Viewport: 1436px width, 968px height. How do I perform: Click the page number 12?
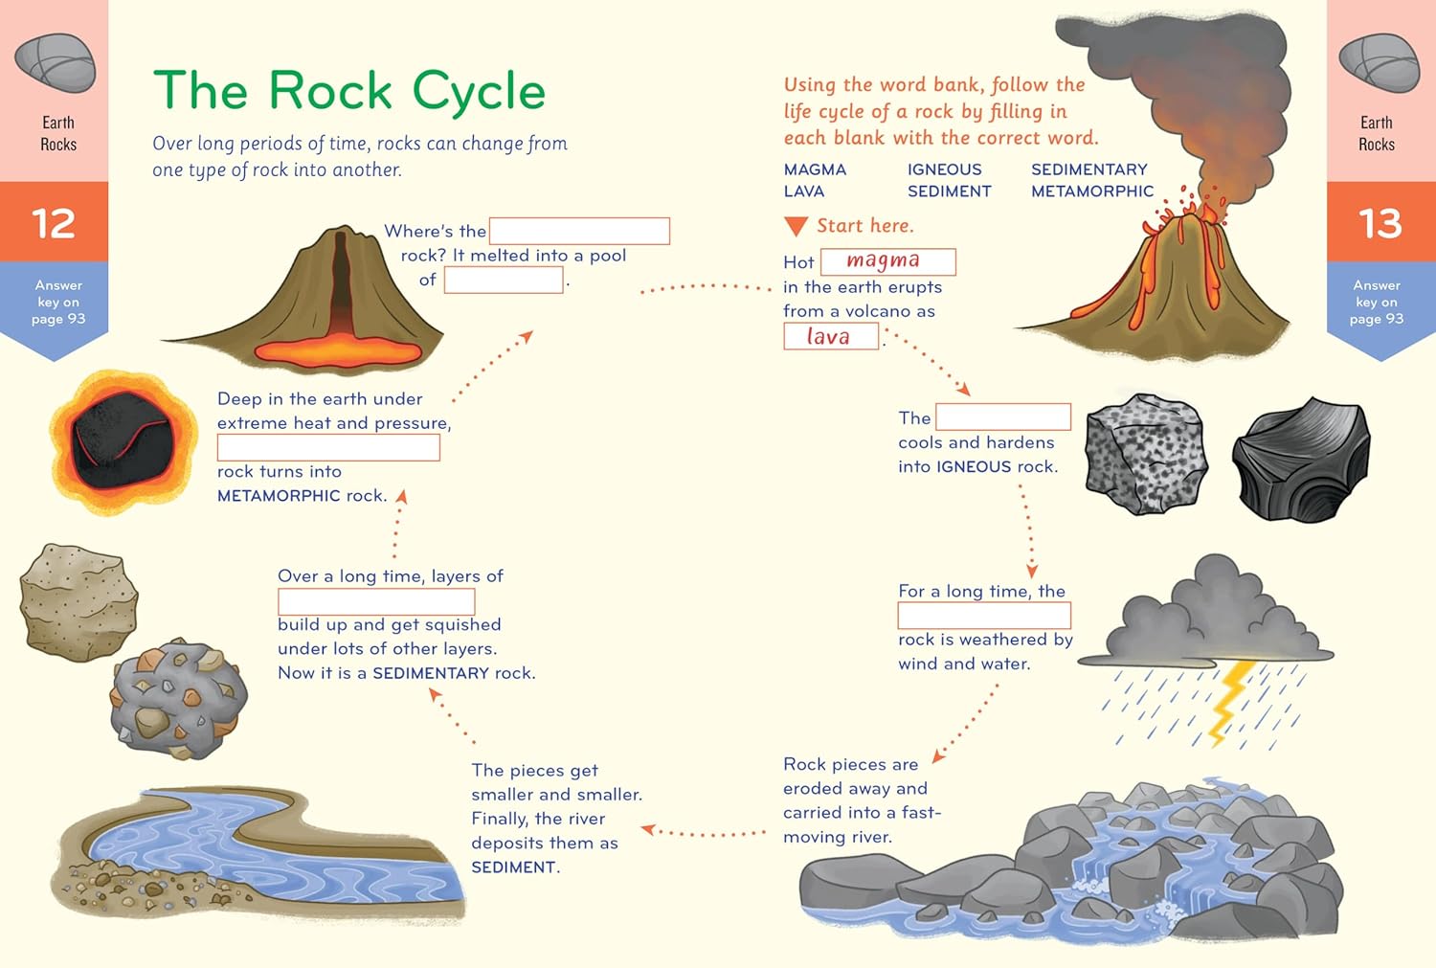click(x=54, y=223)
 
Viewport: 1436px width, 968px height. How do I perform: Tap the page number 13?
click(x=1380, y=223)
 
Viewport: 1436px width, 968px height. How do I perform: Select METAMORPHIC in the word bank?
click(x=1091, y=191)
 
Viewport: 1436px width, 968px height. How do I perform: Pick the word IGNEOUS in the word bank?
click(x=944, y=169)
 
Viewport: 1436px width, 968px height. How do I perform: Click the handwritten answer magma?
click(x=883, y=260)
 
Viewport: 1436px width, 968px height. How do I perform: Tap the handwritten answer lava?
click(x=828, y=336)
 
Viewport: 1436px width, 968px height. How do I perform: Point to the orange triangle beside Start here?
click(x=796, y=226)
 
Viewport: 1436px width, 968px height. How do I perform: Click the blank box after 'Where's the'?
click(x=579, y=231)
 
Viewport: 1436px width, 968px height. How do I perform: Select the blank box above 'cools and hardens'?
click(x=1003, y=416)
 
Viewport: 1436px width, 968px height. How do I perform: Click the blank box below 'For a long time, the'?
click(x=984, y=616)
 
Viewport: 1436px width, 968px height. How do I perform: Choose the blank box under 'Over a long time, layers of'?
click(x=376, y=602)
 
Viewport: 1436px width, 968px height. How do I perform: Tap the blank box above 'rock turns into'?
click(x=328, y=447)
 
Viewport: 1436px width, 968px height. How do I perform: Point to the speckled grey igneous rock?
click(x=1145, y=454)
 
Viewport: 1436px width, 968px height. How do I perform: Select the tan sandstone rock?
click(x=79, y=601)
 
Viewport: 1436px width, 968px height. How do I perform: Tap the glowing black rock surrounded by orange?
click(x=122, y=441)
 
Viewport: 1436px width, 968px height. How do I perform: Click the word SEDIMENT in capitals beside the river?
click(x=514, y=867)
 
